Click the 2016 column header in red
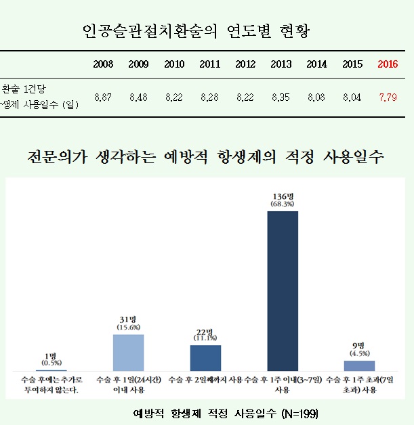point(387,64)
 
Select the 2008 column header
point(103,64)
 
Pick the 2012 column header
point(245,64)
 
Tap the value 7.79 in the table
point(387,97)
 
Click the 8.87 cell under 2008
point(103,97)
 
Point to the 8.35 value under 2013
point(281,97)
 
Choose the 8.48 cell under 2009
point(138,97)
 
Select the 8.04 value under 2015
point(352,97)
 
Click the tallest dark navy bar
point(283,291)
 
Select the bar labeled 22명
point(205,357)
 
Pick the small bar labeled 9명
point(359,365)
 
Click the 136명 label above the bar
point(283,196)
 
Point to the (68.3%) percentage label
point(283,204)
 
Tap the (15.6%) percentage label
point(128,328)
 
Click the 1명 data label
point(50,355)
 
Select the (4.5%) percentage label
point(359,353)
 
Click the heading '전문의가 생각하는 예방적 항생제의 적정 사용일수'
point(206,157)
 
